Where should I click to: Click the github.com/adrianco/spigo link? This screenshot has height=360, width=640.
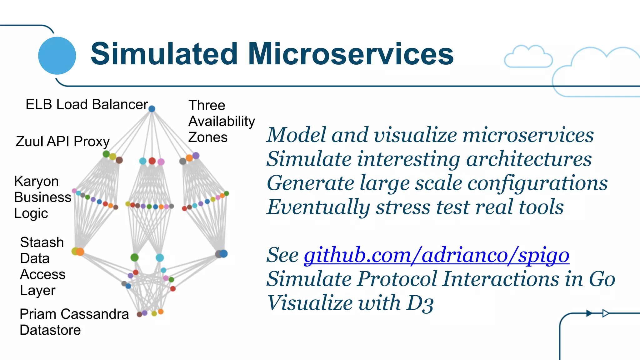pyautogui.click(x=436, y=255)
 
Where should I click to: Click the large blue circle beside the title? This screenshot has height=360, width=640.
pyautogui.click(x=57, y=56)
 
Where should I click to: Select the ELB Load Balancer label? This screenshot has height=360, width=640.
pyautogui.click(x=87, y=105)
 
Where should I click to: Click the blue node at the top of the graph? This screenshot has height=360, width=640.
pyautogui.click(x=152, y=109)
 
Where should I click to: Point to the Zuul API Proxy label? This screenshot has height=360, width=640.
pyautogui.click(x=62, y=142)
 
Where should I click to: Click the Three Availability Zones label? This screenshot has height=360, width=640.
pyautogui.click(x=221, y=121)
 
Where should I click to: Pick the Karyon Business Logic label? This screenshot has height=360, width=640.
pyautogui.click(x=42, y=197)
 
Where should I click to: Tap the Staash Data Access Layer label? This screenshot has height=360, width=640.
pyautogui.click(x=42, y=266)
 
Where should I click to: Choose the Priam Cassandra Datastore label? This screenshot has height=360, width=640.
pyautogui.click(x=74, y=322)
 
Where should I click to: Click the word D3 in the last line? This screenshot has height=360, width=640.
pyautogui.click(x=420, y=303)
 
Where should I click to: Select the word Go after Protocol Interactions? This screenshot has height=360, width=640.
pyautogui.click(x=602, y=279)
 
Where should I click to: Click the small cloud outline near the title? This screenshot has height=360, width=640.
pyautogui.click(x=528, y=57)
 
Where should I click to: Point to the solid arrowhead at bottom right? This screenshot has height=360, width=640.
pyautogui.click(x=589, y=313)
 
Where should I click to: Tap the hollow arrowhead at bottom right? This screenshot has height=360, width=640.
pyautogui.click(x=606, y=313)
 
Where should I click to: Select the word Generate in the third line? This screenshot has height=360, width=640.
pyautogui.click(x=310, y=183)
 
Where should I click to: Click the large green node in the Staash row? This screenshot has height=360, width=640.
pyautogui.click(x=134, y=257)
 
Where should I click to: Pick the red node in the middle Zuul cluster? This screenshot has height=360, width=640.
pyautogui.click(x=152, y=161)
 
